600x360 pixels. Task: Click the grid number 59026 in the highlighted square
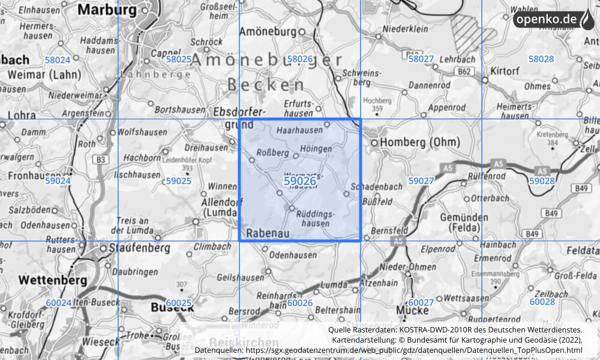click(299, 181)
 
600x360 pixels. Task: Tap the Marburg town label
click(107, 10)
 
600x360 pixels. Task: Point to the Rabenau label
click(268, 232)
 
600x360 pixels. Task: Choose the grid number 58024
click(58, 59)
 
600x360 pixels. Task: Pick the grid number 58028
click(541, 59)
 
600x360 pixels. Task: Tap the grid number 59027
click(421, 181)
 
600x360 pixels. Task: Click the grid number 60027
click(421, 303)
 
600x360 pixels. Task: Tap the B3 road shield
click(101, 159)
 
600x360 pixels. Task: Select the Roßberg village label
click(272, 152)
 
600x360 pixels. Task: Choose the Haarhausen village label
click(298, 129)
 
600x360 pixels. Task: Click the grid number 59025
click(178, 181)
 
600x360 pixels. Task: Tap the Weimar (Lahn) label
click(40, 75)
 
